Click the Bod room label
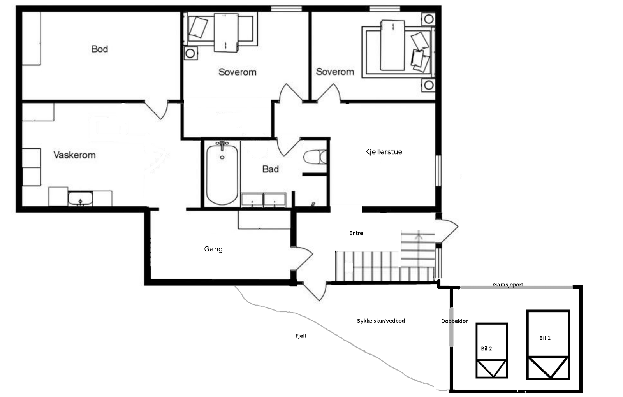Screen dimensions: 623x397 (x=100, y=49)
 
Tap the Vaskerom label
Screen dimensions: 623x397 (x=74, y=155)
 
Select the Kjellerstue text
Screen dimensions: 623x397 (x=384, y=152)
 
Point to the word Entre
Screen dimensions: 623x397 (x=356, y=233)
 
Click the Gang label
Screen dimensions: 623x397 (x=213, y=249)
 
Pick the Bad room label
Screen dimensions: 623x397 (x=270, y=169)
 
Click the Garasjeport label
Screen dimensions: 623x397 (x=508, y=285)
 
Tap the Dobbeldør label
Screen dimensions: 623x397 (x=454, y=321)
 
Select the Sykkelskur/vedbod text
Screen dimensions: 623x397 (x=381, y=321)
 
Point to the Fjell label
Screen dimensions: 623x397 (x=301, y=336)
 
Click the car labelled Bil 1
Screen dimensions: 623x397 (x=548, y=345)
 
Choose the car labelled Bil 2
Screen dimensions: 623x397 (x=492, y=350)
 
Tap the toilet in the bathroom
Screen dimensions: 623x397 (x=315, y=157)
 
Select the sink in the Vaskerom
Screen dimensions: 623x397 (x=80, y=198)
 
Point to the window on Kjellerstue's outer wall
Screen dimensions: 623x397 (x=438, y=170)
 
